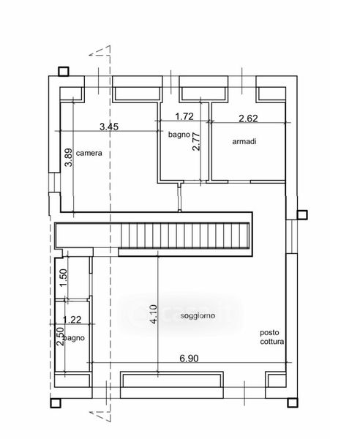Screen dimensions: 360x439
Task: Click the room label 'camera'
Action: coord(89,153)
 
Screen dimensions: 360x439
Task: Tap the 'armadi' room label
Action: coord(244,141)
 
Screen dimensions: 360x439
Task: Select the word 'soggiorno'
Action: coord(198,316)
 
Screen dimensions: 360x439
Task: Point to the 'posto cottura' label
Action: coord(271,337)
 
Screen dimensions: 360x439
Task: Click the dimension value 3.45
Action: coord(109,127)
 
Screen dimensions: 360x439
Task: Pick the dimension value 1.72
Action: coord(184,116)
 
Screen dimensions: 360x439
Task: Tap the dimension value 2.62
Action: coord(248,119)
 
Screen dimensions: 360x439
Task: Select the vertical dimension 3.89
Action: coord(68,157)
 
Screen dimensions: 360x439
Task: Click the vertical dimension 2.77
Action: coord(197,142)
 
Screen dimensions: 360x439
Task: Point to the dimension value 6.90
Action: coord(190,359)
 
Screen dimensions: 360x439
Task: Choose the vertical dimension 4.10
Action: coord(154,314)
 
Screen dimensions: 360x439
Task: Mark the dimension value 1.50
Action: coord(64,277)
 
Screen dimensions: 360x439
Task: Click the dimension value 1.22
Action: coord(72,320)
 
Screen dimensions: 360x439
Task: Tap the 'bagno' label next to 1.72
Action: coord(179,135)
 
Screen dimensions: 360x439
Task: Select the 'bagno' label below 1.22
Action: coord(74,338)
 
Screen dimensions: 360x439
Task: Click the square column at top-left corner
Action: coord(64,72)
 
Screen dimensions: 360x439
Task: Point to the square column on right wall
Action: coord(302,214)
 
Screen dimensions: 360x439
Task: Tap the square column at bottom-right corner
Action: coord(293,403)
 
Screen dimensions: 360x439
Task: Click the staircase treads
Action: coord(185,236)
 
